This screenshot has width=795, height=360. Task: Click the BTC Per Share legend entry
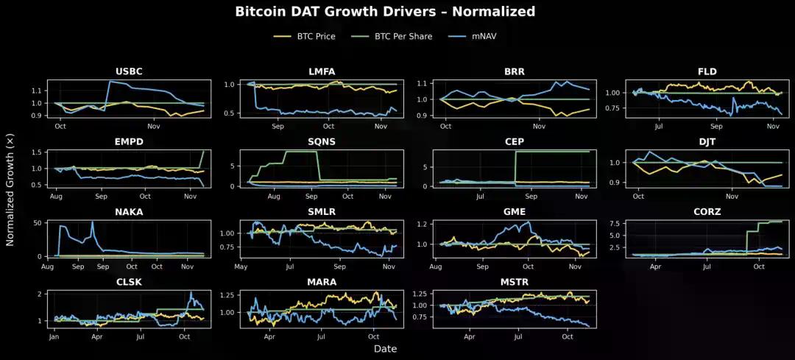click(x=400, y=35)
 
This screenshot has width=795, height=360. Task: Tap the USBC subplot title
click(x=129, y=71)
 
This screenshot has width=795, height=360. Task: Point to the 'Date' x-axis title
click(x=385, y=348)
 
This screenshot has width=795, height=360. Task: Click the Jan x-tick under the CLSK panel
click(x=54, y=336)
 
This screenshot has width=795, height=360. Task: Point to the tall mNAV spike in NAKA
click(x=92, y=222)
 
